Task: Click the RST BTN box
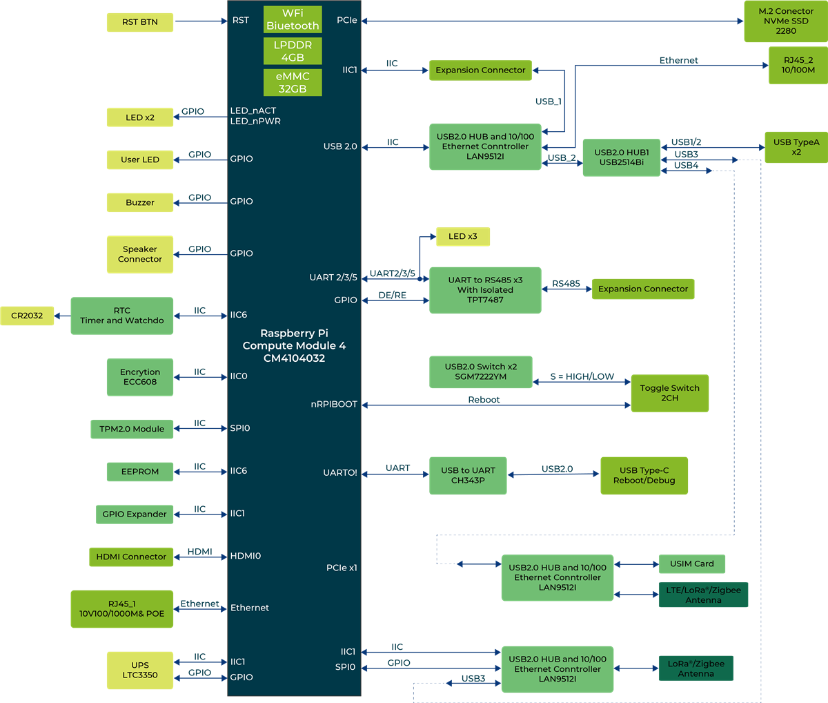pyautogui.click(x=140, y=22)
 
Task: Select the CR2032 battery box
pyautogui.click(x=27, y=316)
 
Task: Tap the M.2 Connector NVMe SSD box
pyautogui.click(x=785, y=21)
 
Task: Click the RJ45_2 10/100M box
pyautogui.click(x=798, y=66)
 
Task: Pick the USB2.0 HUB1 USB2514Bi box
pyautogui.click(x=621, y=157)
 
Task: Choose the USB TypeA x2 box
pyautogui.click(x=796, y=147)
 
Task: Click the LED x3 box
pyautogui.click(x=462, y=237)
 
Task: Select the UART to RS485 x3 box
pyautogui.click(x=485, y=290)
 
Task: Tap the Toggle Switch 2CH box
pyautogui.click(x=669, y=393)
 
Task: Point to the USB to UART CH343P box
pyautogui.click(x=468, y=475)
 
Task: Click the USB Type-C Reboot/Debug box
pyautogui.click(x=644, y=475)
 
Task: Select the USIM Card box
pyautogui.click(x=691, y=564)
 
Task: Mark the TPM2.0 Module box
pyautogui.click(x=132, y=429)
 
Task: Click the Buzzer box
pyautogui.click(x=140, y=202)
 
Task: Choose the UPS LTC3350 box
pyautogui.click(x=140, y=670)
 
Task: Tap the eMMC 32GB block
pyautogui.click(x=293, y=82)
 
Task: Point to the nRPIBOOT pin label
pyautogui.click(x=334, y=404)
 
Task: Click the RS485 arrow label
pyautogui.click(x=566, y=283)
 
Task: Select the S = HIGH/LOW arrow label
pyautogui.click(x=582, y=376)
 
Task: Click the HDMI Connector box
pyautogui.click(x=131, y=557)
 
